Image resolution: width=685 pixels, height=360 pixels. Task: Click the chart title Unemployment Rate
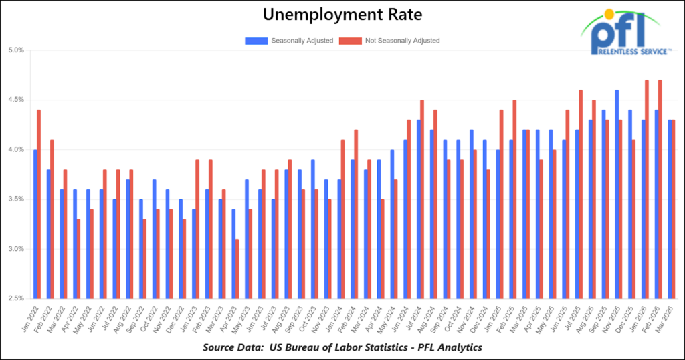pyautogui.click(x=342, y=14)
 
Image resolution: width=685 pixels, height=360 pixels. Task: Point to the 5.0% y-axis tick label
pyautogui.click(x=16, y=50)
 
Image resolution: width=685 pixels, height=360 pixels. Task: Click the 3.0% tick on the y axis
pyautogui.click(x=16, y=249)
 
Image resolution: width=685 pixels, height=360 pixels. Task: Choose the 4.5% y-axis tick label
pyautogui.click(x=16, y=100)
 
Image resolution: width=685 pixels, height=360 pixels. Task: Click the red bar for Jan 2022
pyautogui.click(x=39, y=204)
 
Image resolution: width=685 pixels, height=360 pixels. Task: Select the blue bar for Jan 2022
pyautogui.click(x=34, y=224)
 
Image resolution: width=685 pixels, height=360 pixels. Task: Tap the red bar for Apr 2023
pyautogui.click(x=237, y=268)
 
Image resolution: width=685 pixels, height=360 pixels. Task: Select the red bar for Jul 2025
pyautogui.click(x=581, y=194)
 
